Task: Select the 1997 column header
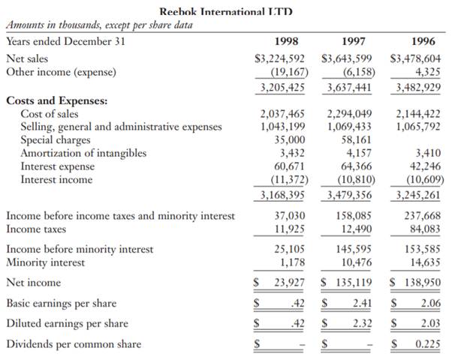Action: click(354, 41)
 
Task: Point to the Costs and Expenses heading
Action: click(57, 100)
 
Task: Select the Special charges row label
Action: click(55, 140)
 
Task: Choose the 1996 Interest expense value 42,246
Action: click(425, 166)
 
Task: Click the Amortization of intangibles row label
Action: click(83, 153)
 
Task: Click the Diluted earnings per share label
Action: click(67, 324)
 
